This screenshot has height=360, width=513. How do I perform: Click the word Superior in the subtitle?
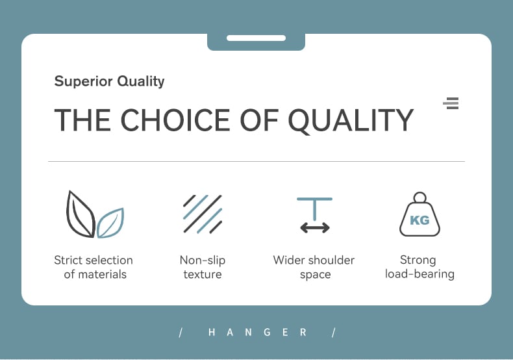click(83, 81)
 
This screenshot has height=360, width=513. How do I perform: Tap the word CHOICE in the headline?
click(175, 120)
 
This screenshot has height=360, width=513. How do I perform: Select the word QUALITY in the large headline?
click(351, 120)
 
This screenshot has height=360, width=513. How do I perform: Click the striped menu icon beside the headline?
click(451, 103)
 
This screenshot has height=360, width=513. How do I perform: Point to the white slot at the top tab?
click(256, 38)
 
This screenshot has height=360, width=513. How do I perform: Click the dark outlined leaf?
click(80, 214)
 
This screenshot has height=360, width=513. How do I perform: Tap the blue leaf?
click(110, 223)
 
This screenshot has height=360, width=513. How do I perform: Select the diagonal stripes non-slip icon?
click(203, 214)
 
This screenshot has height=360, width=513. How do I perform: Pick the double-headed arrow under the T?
click(315, 227)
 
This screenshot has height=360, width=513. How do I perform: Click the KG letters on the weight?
click(419, 220)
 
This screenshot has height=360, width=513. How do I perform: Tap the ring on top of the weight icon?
click(419, 198)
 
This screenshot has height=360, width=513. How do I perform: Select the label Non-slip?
click(203, 261)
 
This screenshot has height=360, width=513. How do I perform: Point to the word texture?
click(203, 274)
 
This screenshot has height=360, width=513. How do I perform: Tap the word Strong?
click(418, 260)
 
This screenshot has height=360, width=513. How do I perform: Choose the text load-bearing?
click(419, 274)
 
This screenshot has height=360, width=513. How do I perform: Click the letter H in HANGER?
click(212, 333)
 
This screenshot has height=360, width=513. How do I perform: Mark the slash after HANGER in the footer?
click(333, 333)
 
